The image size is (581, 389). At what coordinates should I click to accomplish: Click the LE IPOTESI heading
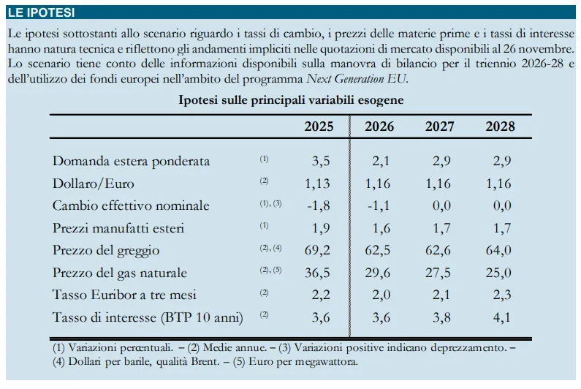point(42,12)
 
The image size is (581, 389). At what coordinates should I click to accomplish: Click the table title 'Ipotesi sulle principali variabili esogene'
point(291,99)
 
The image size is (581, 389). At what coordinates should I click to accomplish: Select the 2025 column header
point(319,126)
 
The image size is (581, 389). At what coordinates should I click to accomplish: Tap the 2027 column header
point(439,126)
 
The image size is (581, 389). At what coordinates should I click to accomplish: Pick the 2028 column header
point(500,126)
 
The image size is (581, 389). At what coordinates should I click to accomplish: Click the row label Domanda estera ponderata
point(131,162)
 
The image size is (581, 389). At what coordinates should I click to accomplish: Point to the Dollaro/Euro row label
point(93,184)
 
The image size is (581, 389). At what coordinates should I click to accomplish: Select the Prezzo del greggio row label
point(105,250)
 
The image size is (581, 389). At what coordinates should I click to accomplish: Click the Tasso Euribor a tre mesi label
point(124,295)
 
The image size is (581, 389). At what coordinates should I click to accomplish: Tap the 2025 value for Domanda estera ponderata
point(321,162)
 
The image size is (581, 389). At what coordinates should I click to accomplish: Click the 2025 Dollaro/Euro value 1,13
point(317,184)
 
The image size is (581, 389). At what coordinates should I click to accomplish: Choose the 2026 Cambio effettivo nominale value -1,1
point(379,205)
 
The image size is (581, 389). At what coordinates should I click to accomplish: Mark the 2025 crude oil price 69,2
point(317,250)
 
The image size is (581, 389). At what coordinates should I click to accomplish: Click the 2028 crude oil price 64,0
point(498,250)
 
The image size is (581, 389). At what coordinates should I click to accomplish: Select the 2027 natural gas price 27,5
point(438,273)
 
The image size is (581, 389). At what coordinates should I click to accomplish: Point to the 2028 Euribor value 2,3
point(502,295)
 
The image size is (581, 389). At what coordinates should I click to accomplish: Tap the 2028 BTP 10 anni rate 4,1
point(502,317)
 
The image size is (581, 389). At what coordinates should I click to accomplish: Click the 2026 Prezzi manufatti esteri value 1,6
point(381,228)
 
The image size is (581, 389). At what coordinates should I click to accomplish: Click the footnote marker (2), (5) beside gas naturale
point(270,270)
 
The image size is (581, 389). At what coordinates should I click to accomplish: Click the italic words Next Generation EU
point(357,79)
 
